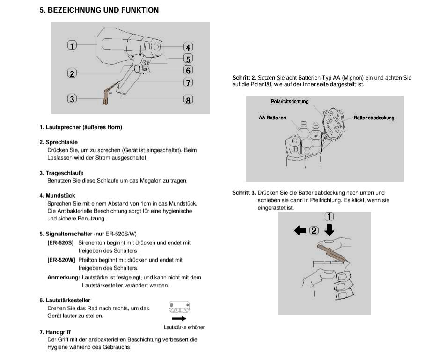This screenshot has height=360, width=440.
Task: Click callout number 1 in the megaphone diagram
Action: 72,45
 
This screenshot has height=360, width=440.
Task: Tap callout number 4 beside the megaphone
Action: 188,47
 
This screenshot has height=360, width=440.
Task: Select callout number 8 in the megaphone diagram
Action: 188,100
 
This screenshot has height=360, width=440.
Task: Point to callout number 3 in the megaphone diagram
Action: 72,99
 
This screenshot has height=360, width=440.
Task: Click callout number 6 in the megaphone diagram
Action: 188,70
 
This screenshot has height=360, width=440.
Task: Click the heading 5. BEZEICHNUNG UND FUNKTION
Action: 99,10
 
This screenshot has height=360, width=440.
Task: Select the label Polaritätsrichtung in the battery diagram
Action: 290,102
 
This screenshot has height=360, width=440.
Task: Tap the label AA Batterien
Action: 272,118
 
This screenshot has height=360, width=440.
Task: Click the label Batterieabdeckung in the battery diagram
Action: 374,118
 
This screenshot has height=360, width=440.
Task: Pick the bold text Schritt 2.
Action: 244,78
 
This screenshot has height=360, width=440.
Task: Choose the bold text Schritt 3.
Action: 244,193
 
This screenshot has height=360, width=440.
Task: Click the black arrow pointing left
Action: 300,230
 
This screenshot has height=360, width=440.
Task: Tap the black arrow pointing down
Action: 330,229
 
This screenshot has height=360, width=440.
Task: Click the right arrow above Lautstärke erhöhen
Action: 179,318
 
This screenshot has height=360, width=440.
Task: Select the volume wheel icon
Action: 179,308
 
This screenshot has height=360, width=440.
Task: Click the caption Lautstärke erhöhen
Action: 184,327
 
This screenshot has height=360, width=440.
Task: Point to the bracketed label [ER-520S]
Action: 60,243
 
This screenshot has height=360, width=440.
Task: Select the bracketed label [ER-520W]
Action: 61,260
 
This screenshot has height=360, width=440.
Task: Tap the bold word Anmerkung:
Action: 63,278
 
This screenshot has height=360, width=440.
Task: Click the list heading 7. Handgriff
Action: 55,332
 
